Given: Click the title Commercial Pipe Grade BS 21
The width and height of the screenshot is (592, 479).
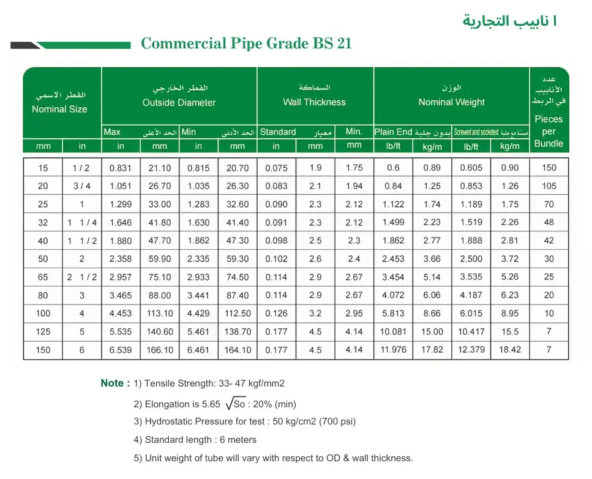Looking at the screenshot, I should coord(246,43).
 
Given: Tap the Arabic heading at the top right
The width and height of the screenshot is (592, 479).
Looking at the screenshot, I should coord(509,21).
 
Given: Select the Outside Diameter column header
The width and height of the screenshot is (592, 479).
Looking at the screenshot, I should coord(179,102).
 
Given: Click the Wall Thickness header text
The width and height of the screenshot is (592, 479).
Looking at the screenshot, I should coord(314,102).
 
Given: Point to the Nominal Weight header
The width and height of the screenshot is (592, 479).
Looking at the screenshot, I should coord(451,102).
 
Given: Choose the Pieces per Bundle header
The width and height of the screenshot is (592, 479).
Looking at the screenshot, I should coord(549,131).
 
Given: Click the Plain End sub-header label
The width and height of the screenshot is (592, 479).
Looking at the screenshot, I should coord(393,132).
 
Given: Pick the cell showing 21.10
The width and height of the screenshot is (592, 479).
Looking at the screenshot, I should coord(160,168).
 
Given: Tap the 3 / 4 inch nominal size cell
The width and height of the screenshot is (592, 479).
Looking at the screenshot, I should coord(82,186).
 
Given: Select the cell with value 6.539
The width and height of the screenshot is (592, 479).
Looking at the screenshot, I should coord(121,350).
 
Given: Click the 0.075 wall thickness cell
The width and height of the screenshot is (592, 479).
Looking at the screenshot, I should coord(276,168).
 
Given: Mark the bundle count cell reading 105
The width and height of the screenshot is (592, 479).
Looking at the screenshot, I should coord(549,186).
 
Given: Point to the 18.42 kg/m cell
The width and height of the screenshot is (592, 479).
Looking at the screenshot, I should coord(509,350).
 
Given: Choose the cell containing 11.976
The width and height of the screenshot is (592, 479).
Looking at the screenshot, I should coord(393,350).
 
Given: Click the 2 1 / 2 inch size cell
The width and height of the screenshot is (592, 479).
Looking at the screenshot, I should coord(82,277).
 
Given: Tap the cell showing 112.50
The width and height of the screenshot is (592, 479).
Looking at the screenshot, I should coord(238,314).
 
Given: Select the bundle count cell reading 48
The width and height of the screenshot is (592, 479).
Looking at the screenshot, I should coord(549,223).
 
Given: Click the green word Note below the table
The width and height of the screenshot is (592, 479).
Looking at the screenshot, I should coord(114,383).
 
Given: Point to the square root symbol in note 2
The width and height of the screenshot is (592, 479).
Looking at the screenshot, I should coord(230,403).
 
